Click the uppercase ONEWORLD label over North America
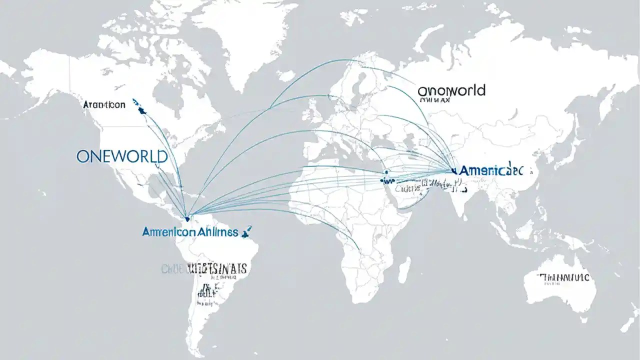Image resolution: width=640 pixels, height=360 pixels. (x=122, y=156)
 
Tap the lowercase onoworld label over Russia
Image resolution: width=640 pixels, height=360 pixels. (x=451, y=90)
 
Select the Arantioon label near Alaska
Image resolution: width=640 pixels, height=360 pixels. (x=104, y=105)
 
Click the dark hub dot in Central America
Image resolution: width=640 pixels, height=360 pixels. (x=187, y=218)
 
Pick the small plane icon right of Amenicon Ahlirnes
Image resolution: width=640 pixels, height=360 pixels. (x=246, y=231)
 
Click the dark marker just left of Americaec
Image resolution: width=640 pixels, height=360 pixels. (x=454, y=170)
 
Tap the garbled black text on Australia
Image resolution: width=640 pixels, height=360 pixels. (x=563, y=277)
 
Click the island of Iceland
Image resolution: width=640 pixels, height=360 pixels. (x=285, y=75)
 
